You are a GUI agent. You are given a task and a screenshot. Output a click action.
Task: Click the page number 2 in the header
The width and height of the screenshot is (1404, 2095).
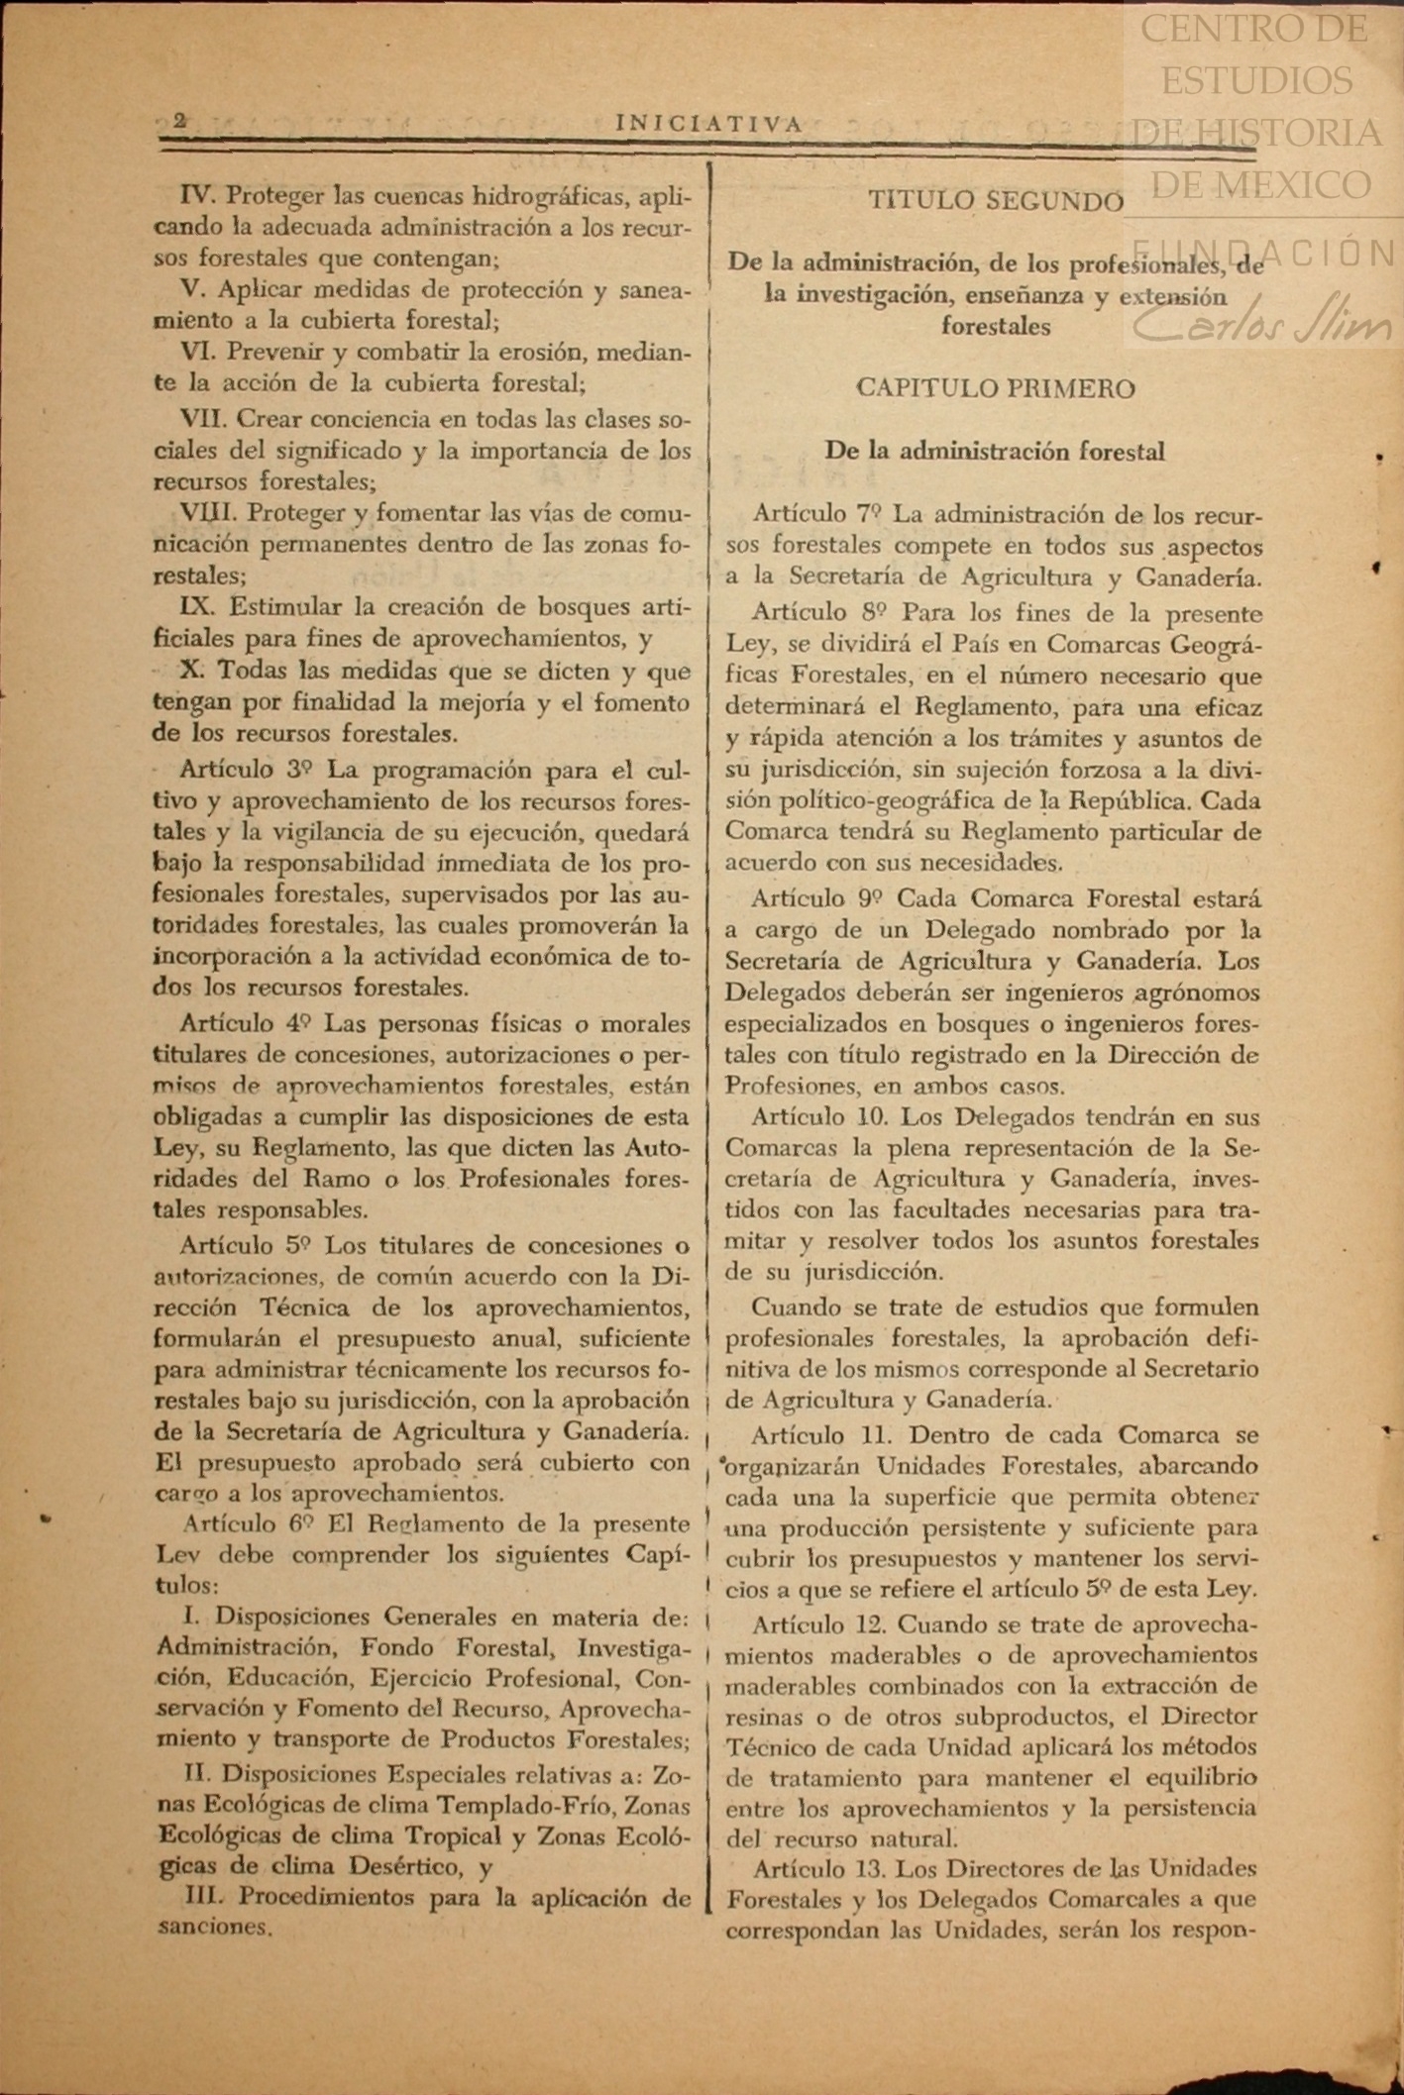point(179,121)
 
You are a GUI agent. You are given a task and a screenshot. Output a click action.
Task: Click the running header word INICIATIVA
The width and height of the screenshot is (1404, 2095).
point(708,124)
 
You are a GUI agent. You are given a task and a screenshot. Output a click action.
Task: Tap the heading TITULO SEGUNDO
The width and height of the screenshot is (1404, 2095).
point(996,201)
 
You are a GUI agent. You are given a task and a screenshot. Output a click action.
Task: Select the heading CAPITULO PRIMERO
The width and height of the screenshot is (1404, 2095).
point(996,388)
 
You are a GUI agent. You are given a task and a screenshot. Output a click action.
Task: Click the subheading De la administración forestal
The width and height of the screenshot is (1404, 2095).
point(995,452)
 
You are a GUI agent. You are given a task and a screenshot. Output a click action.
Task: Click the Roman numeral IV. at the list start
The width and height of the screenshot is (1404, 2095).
point(198,195)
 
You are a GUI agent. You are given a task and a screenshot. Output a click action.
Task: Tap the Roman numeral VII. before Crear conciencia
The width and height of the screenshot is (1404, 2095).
point(203,419)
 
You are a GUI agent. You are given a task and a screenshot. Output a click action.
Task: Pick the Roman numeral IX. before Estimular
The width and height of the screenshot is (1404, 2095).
point(197,606)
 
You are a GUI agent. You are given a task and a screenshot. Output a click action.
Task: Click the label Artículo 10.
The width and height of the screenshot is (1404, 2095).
point(818,1116)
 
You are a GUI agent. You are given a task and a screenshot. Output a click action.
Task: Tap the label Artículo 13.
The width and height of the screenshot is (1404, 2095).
point(819,1868)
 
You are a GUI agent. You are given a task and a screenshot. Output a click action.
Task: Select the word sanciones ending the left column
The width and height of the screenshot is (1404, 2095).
point(213,1927)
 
